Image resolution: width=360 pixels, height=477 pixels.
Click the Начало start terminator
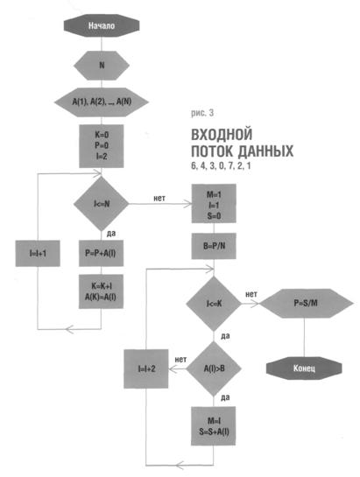[x=102, y=26]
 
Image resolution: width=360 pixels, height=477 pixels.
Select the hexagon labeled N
[x=102, y=65]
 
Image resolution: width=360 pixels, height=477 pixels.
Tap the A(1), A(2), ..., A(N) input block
[x=102, y=102]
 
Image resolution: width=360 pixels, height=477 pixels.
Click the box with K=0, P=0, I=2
[x=102, y=146]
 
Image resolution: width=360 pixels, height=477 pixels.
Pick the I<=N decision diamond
[x=101, y=204]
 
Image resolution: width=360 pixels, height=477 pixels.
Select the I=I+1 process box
[x=38, y=253]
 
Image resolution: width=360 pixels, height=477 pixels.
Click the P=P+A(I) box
[x=101, y=253]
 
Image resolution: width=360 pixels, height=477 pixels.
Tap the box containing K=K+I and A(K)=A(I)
[x=101, y=291]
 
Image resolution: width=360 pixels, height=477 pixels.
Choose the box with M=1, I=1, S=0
[x=214, y=203]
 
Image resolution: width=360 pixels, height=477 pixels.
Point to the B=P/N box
[x=214, y=246]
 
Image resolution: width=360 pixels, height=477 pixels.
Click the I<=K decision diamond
[x=214, y=304]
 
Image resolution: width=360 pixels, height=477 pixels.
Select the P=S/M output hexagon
[x=306, y=304]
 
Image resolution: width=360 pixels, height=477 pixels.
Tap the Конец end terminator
[x=304, y=368]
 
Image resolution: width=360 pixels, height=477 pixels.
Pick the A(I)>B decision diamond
[x=214, y=368]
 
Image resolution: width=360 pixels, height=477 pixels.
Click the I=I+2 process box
[x=146, y=368]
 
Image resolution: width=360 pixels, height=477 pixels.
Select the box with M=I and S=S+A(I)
[x=214, y=426]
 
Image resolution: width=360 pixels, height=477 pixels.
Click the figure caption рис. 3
[x=202, y=113]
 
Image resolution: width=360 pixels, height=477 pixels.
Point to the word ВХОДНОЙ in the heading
[x=222, y=135]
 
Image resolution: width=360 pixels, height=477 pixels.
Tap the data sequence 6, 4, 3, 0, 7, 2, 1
[x=221, y=166]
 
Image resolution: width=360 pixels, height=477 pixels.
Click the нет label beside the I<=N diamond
[x=159, y=199]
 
